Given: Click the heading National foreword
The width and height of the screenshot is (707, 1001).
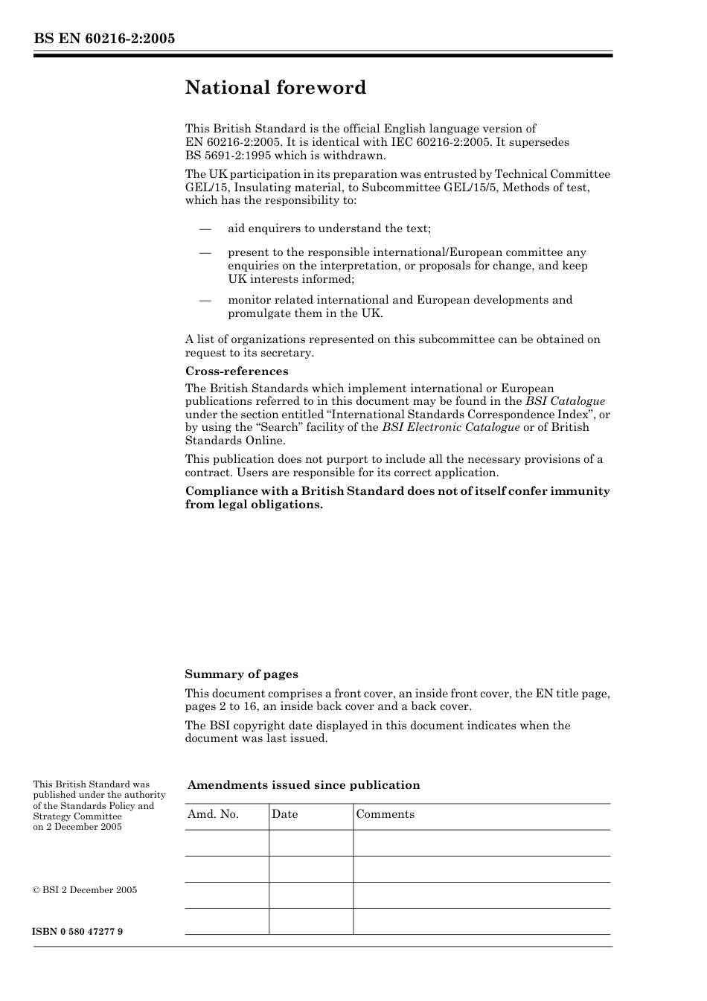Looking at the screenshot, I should [275, 88].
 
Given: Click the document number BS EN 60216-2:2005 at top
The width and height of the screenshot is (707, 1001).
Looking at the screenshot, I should [104, 39].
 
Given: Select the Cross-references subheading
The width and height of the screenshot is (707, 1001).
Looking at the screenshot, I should [237, 371].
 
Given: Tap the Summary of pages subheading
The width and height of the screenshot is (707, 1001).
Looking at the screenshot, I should [241, 674].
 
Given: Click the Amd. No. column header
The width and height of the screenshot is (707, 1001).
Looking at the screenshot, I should [213, 814].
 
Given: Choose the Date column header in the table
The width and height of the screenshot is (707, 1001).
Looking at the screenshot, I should [284, 814].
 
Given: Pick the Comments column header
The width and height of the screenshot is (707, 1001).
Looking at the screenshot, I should [385, 814].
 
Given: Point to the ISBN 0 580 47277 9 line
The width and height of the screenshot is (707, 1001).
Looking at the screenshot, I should [78, 932].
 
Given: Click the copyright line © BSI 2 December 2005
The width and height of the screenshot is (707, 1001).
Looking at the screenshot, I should [85, 890].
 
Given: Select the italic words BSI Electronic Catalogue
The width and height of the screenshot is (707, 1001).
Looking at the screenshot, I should [450, 427].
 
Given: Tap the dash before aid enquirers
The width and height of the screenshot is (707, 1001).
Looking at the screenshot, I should [205, 228].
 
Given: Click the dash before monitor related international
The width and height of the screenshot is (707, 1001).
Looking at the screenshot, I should [205, 300].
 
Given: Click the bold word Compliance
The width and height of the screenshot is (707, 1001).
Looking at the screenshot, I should [218, 491].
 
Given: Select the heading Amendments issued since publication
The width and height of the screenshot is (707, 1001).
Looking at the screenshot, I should [304, 785].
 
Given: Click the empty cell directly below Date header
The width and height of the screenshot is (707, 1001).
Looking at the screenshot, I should [310, 842].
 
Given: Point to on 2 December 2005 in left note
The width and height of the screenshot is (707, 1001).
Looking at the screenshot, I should [77, 827].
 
